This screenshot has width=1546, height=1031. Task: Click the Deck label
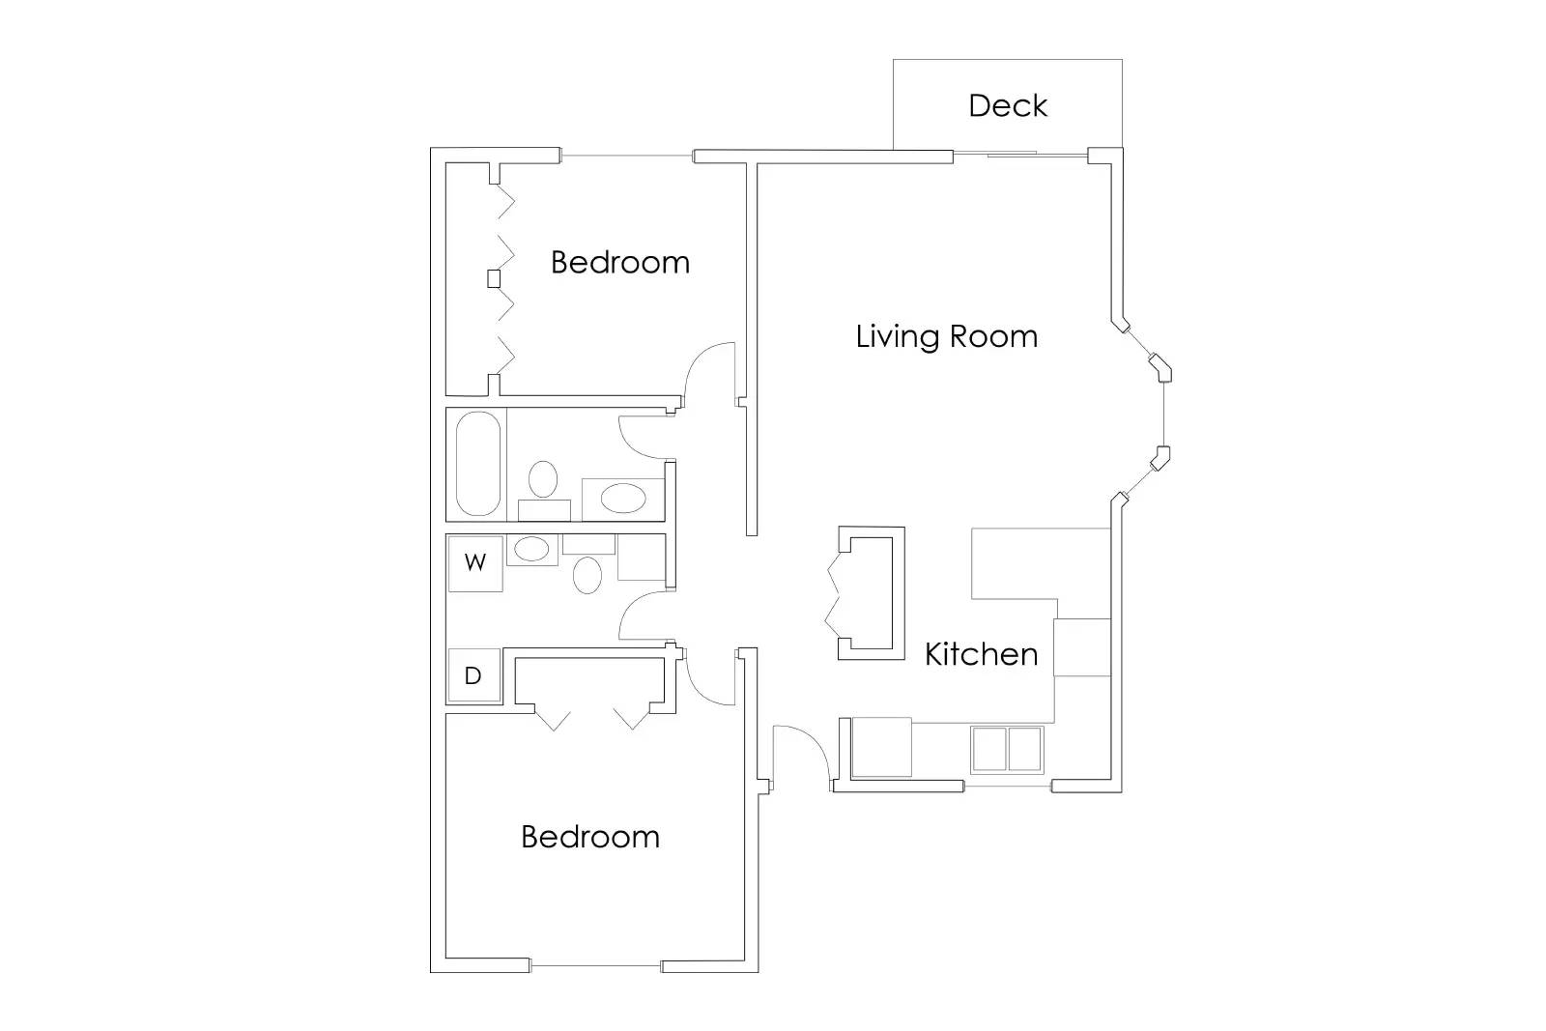pyautogui.click(x=1008, y=105)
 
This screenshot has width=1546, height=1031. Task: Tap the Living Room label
pyautogui.click(x=947, y=336)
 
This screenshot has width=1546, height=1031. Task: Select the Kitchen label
pyautogui.click(x=981, y=654)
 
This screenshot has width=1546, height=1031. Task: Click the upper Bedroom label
pyautogui.click(x=620, y=262)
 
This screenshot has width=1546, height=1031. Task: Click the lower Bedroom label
pyautogui.click(x=590, y=836)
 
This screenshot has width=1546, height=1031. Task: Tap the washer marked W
pyautogui.click(x=474, y=563)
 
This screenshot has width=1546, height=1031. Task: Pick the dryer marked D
pyautogui.click(x=473, y=675)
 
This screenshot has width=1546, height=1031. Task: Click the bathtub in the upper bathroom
pyautogui.click(x=476, y=464)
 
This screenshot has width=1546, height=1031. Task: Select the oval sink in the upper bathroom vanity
pyautogui.click(x=622, y=499)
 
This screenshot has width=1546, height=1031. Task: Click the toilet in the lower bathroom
pyautogui.click(x=587, y=574)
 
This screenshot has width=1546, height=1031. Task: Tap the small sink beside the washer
pyautogui.click(x=530, y=550)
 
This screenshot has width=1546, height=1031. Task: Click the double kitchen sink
pyautogui.click(x=1007, y=749)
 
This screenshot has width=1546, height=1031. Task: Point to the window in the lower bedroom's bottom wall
pyautogui.click(x=595, y=965)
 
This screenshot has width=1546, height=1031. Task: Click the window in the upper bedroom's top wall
pyautogui.click(x=627, y=156)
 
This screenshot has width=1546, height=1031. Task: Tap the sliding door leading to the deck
pyautogui.click(x=1019, y=154)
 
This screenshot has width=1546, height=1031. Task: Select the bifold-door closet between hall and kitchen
pyautogui.click(x=870, y=594)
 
